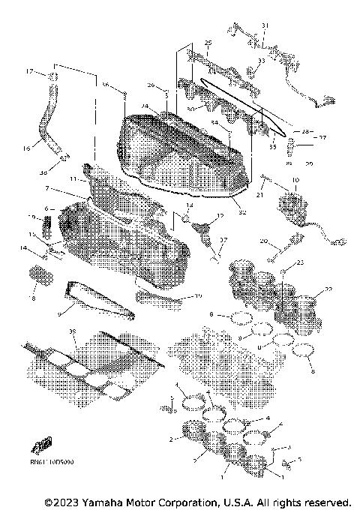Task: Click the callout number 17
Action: (30, 72)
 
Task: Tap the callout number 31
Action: (264, 26)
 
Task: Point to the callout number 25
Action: (208, 43)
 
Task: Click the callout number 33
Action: (261, 61)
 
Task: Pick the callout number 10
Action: (295, 181)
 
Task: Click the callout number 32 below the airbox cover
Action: (241, 213)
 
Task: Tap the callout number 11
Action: (73, 180)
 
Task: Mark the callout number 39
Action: (72, 331)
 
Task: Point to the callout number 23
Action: (301, 262)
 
